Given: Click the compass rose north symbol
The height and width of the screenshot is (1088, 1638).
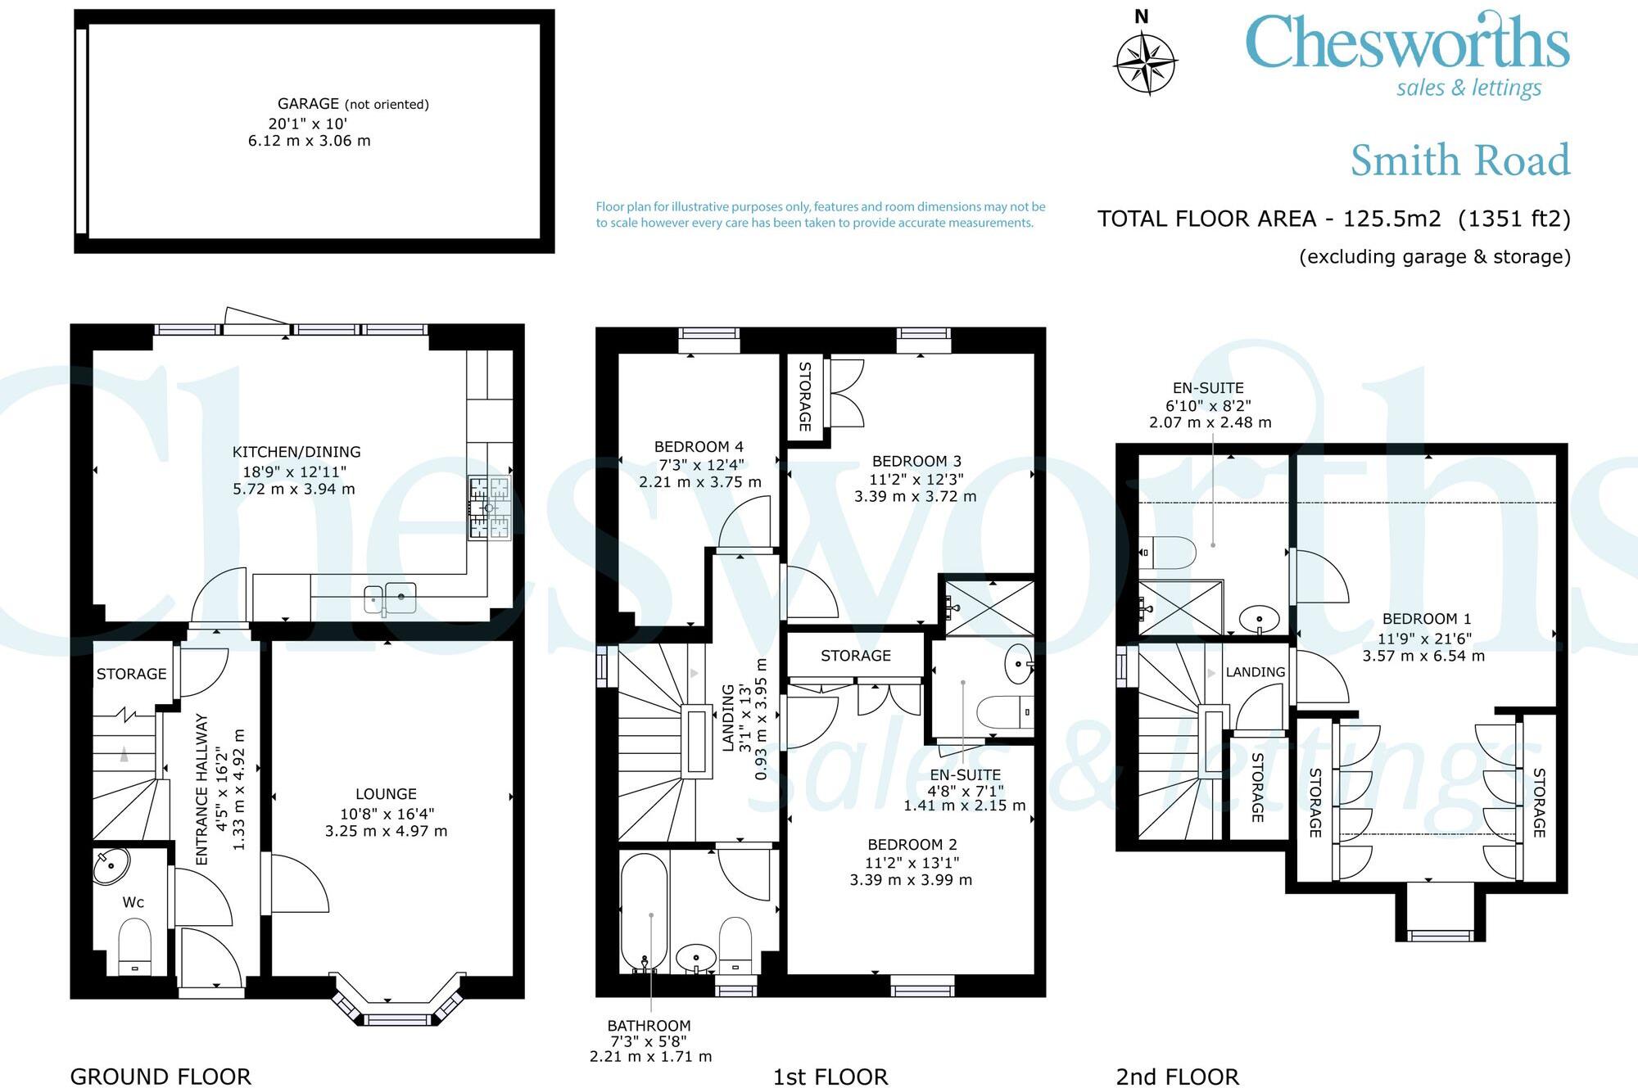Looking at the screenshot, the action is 1146,62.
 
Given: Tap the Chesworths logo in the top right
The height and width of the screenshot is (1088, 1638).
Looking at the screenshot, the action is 1407,54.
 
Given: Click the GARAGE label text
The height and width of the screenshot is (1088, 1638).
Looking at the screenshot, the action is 308,104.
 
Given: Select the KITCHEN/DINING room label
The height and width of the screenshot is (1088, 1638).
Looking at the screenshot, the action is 296,452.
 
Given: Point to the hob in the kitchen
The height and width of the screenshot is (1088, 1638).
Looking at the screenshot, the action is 490,508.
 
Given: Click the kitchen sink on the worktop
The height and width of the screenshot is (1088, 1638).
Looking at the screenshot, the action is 390,598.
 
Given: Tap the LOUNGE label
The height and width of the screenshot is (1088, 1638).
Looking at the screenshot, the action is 386,794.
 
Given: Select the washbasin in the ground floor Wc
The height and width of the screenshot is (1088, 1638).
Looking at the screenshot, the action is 111,866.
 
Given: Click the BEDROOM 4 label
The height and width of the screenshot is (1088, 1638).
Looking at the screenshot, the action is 699,447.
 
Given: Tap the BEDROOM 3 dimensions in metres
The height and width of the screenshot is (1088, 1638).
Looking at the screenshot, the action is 916,496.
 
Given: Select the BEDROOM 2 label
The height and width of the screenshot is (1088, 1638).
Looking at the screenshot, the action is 912,845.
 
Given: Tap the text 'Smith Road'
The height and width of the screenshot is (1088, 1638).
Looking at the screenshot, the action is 1460,160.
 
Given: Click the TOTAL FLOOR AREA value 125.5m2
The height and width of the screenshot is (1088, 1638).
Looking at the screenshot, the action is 1391,219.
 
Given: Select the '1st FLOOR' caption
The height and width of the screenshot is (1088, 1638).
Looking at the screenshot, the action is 830,1077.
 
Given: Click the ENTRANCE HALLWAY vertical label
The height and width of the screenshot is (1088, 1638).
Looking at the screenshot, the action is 202,789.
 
